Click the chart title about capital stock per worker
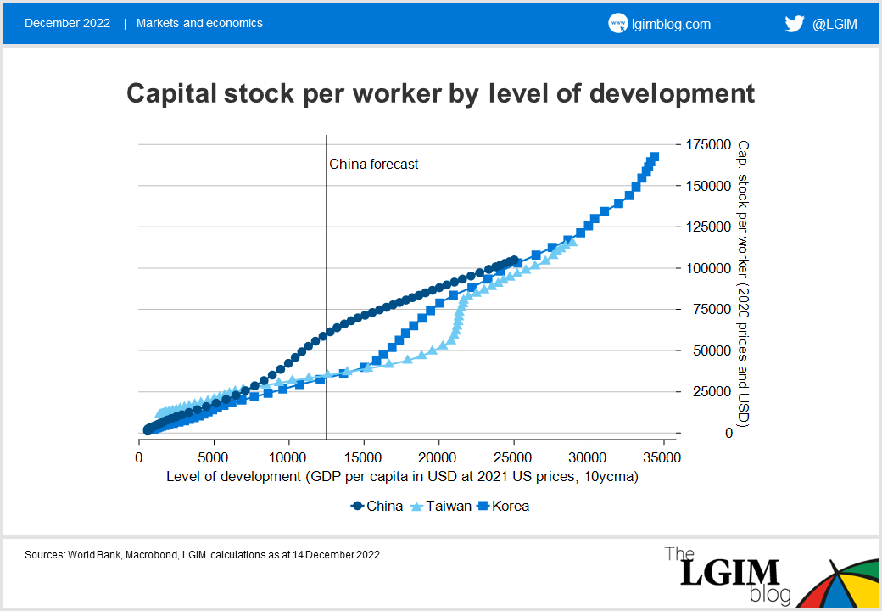click(x=440, y=93)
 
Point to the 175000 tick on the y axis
click(x=708, y=144)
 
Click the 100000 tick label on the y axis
click(x=708, y=268)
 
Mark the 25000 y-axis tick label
click(x=712, y=391)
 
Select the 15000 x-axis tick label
click(x=364, y=458)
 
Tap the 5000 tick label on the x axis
click(x=214, y=458)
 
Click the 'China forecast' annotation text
click(x=373, y=165)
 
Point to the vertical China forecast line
click(x=327, y=255)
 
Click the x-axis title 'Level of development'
click(x=402, y=477)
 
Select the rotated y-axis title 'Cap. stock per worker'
click(x=744, y=284)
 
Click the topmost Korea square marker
click(x=654, y=157)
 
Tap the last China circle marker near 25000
click(x=512, y=261)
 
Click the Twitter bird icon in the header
click(x=794, y=24)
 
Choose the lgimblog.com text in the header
click(x=672, y=24)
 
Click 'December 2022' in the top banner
click(x=68, y=24)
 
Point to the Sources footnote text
click(x=204, y=554)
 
